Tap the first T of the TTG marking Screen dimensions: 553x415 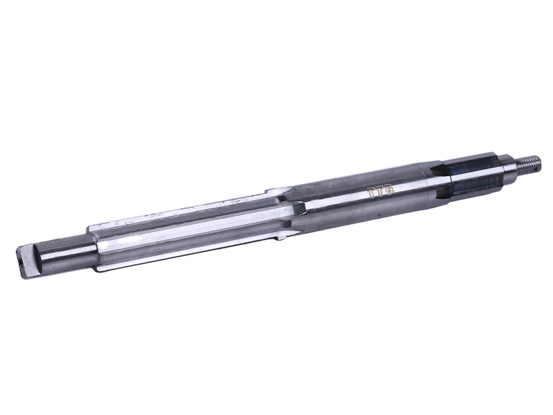pyautogui.click(x=372, y=194)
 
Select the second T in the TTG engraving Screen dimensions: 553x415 pyautogui.click(x=379, y=192)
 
